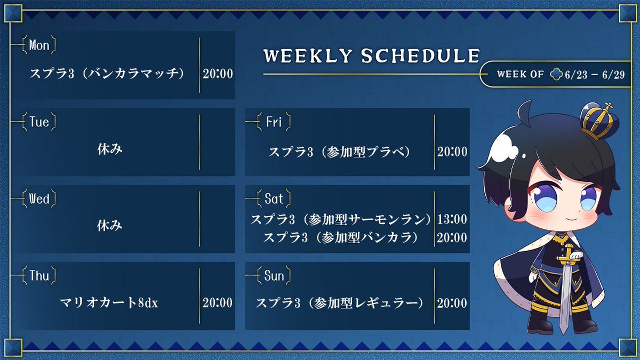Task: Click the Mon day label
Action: [39, 45]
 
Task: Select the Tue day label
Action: [39, 122]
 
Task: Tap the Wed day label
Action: [39, 199]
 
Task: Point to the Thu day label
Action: [39, 276]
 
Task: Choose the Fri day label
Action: [274, 122]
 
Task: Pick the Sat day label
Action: [274, 199]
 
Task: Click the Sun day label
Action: [274, 276]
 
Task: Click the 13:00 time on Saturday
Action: [452, 219]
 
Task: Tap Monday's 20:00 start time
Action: [218, 74]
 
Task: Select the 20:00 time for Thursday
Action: [218, 303]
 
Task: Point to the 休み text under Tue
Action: [110, 149]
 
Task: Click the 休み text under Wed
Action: [110, 226]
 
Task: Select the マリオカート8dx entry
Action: [109, 303]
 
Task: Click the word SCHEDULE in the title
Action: [420, 55]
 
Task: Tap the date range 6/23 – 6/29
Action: [595, 75]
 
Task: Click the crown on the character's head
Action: [599, 121]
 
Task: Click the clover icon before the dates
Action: [556, 74]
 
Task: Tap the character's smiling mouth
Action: [570, 219]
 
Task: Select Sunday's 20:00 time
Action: [452, 303]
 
